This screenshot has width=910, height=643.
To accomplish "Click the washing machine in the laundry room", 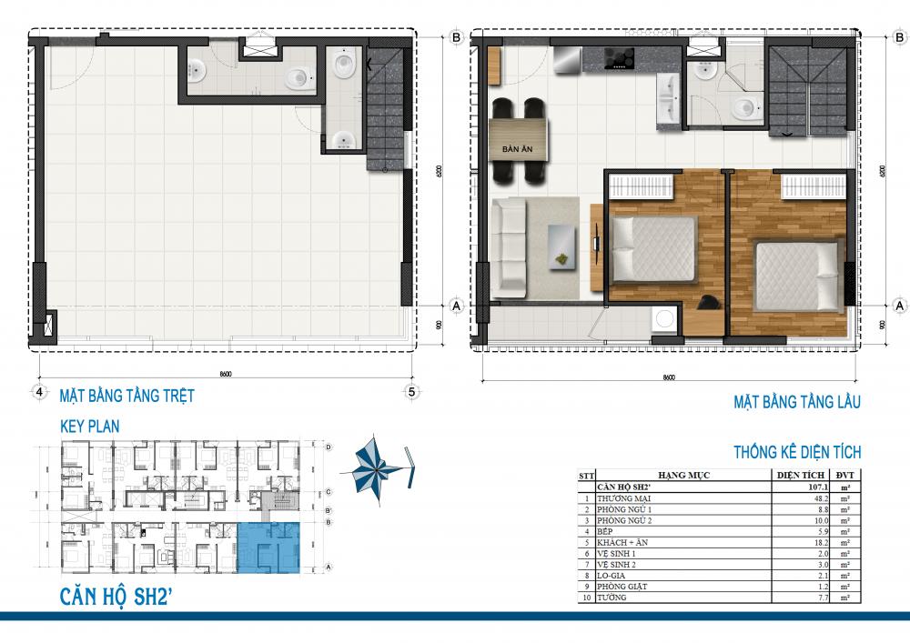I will coord(665,319).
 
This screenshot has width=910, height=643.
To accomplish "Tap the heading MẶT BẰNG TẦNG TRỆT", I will coord(126,397).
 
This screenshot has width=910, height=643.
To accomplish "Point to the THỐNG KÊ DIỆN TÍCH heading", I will coord(797,452).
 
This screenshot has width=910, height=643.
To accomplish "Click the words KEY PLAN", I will coord(89,425).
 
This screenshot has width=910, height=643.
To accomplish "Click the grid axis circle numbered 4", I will coord(39,392).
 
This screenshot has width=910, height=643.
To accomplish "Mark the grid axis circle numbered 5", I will coord(411,392).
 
